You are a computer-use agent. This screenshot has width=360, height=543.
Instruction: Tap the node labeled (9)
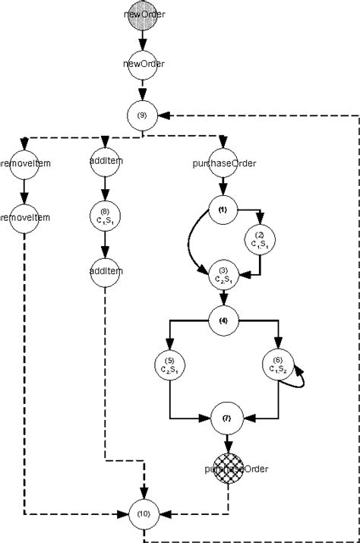[143, 115]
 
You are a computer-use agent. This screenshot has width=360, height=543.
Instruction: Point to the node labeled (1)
[223, 209]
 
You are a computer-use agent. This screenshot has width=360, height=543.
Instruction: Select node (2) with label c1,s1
[260, 242]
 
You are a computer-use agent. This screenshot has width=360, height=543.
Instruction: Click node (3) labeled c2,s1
[223, 274]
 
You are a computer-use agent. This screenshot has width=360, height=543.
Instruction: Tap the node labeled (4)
[223, 320]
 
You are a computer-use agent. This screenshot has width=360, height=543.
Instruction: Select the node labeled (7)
[226, 418]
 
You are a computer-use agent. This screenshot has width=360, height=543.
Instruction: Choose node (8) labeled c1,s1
[106, 215]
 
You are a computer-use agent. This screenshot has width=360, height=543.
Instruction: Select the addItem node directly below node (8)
[106, 270]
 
